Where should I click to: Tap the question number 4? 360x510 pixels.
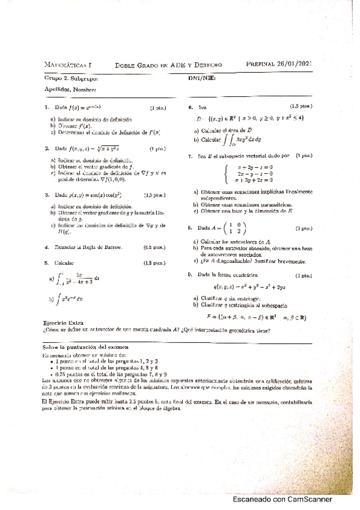(46, 247)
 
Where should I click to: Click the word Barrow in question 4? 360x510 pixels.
(114, 247)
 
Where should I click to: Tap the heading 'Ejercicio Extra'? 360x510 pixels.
(64, 322)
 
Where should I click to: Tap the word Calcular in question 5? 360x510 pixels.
(65, 263)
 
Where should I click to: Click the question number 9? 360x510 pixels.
(190, 274)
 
